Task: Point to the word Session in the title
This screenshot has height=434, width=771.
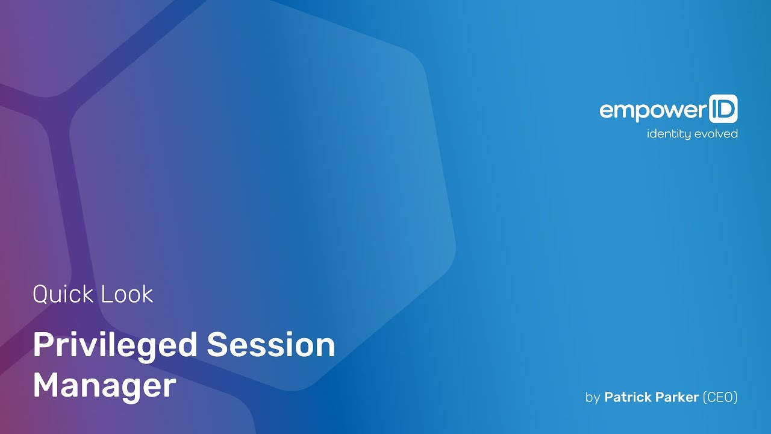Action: click(270, 345)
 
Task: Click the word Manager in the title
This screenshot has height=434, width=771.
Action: click(104, 386)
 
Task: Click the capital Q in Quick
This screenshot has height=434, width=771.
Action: click(41, 295)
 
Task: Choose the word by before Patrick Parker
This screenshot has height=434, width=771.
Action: click(592, 398)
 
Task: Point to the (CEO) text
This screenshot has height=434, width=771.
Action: click(720, 397)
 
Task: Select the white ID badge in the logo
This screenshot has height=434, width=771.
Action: click(723, 109)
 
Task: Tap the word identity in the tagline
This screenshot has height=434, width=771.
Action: click(669, 134)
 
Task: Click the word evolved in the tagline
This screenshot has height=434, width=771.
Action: click(716, 133)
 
